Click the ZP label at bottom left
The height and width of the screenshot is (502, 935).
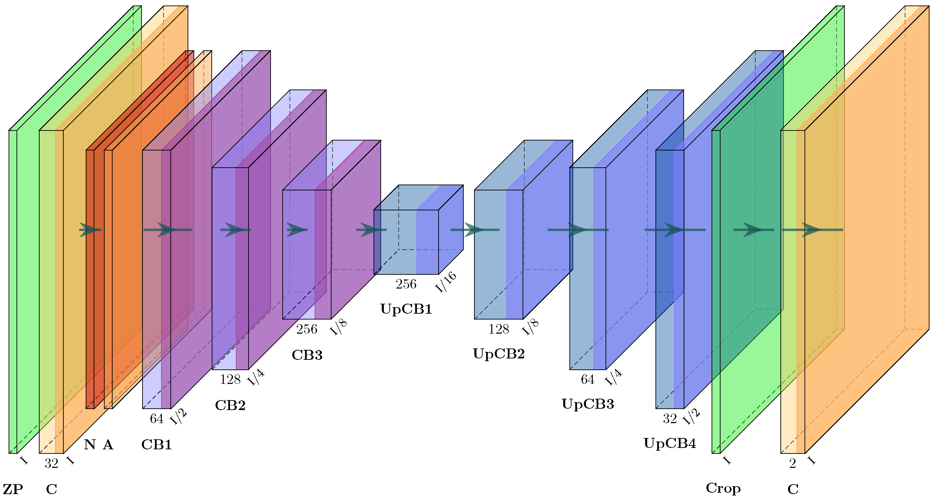[x=13, y=490]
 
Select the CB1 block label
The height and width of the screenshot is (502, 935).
[x=156, y=445]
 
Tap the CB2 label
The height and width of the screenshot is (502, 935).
[x=230, y=406]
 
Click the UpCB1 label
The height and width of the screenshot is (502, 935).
[x=406, y=309]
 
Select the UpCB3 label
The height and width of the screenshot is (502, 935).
[x=588, y=404]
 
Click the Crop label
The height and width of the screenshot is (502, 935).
[x=723, y=489]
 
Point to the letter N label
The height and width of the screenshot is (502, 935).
[x=90, y=445]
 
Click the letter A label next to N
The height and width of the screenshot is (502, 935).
[x=108, y=445]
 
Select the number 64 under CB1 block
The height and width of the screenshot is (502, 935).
[x=156, y=419]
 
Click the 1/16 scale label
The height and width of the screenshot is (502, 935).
[x=446, y=282]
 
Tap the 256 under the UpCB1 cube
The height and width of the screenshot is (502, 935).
[x=406, y=284]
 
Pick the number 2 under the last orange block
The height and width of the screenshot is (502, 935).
[x=793, y=463]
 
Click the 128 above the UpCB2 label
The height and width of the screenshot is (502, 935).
[x=499, y=329]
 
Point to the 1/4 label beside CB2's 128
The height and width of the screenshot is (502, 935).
[x=256, y=378]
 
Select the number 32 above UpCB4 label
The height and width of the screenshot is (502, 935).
[x=670, y=419]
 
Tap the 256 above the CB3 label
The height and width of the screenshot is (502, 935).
[x=307, y=329]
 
